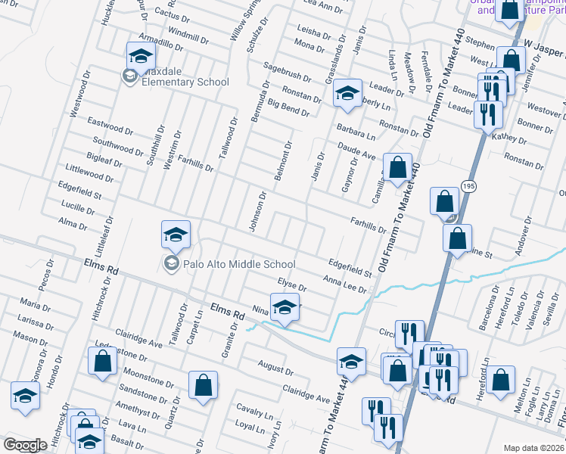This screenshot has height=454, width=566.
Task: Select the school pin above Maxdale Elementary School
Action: coord(140,56)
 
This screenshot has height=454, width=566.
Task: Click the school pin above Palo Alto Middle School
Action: coord(176,235)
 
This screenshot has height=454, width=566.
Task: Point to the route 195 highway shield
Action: coord(470,187)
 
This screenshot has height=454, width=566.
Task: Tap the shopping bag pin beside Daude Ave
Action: coord(397,168)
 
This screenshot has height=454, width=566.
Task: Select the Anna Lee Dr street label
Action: coord(344,285)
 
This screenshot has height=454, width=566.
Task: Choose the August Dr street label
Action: coord(275,368)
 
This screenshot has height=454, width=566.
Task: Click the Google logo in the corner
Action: coord(25,445)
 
